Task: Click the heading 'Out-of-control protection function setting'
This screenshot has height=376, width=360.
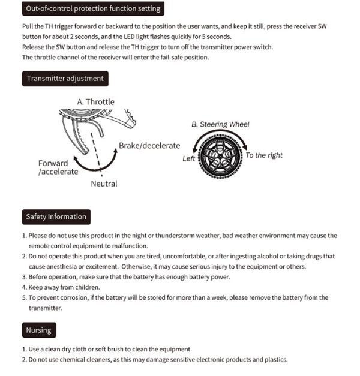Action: (93, 9)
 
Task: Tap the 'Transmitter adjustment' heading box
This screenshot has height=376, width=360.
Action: (65, 79)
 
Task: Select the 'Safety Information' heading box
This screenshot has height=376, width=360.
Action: (56, 217)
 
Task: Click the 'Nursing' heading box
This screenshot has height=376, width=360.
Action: (38, 330)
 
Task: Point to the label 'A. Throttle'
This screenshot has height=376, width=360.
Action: (95, 102)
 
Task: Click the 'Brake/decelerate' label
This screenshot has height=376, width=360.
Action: (149, 146)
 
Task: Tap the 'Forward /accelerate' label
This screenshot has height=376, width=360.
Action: (58, 167)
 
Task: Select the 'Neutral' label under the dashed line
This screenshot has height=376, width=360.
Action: (104, 184)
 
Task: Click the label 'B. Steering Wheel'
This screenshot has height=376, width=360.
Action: (220, 124)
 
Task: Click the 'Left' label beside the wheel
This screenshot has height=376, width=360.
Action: (189, 159)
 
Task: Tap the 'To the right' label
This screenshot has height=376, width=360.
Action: (264, 155)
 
